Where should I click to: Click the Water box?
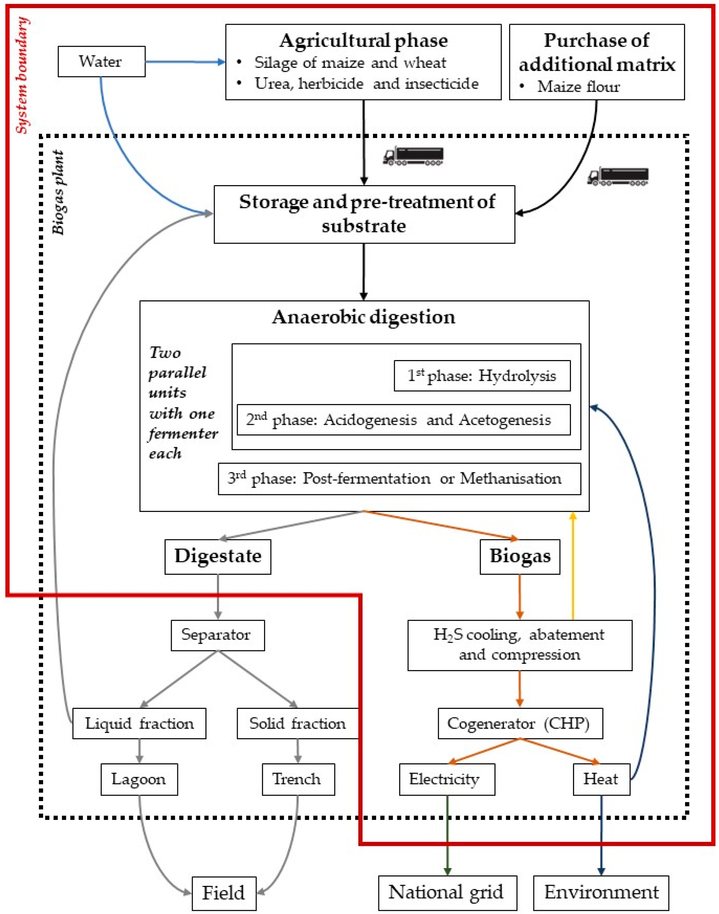[x=101, y=62]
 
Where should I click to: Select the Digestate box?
[x=218, y=556]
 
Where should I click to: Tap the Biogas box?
[x=520, y=556]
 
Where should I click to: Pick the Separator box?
[x=218, y=635]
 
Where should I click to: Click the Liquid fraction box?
[x=139, y=723]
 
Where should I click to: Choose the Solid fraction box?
[x=297, y=723]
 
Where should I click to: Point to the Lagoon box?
[x=139, y=779]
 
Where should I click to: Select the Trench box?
[x=299, y=779]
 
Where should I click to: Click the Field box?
[x=224, y=893]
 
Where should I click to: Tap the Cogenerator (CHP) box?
[x=520, y=723]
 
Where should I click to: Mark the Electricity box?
[x=447, y=779]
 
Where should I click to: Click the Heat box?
[x=601, y=779]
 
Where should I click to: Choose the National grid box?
[x=447, y=893]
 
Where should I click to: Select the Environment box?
[x=601, y=893]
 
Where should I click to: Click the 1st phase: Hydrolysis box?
[x=482, y=376]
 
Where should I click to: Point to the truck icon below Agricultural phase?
[x=413, y=156]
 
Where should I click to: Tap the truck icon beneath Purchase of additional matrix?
[x=618, y=176]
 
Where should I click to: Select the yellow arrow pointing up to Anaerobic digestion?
[x=573, y=566]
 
